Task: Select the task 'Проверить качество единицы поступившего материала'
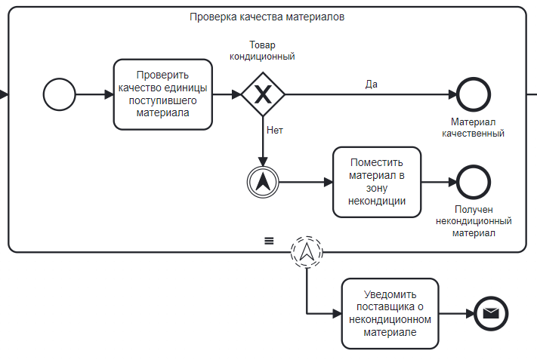coord(163,94)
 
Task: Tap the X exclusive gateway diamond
coord(263,94)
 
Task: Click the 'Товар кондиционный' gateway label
coord(262,51)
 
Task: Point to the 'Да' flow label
coord(372,85)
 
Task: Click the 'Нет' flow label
coord(275,130)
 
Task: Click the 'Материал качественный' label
coord(473,128)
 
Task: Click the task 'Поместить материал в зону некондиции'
coord(377,182)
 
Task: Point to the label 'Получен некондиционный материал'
coord(474,221)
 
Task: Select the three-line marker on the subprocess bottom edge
coord(269,241)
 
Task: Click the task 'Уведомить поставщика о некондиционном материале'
coord(390,313)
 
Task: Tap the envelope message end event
coord(491,313)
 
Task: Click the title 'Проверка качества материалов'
coord(267,17)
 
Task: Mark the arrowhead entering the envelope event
coord(470,313)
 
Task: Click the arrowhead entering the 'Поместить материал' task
coord(329,182)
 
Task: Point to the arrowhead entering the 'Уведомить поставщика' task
coord(338,313)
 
